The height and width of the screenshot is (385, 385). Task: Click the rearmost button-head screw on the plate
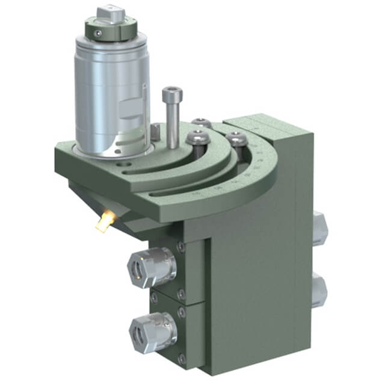(202, 123)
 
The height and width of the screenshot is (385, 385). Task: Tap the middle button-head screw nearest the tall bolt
(198, 138)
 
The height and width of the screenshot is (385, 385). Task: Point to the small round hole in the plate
(124, 162)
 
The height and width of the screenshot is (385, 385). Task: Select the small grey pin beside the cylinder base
(155, 130)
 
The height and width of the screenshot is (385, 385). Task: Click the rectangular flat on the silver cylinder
(130, 111)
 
